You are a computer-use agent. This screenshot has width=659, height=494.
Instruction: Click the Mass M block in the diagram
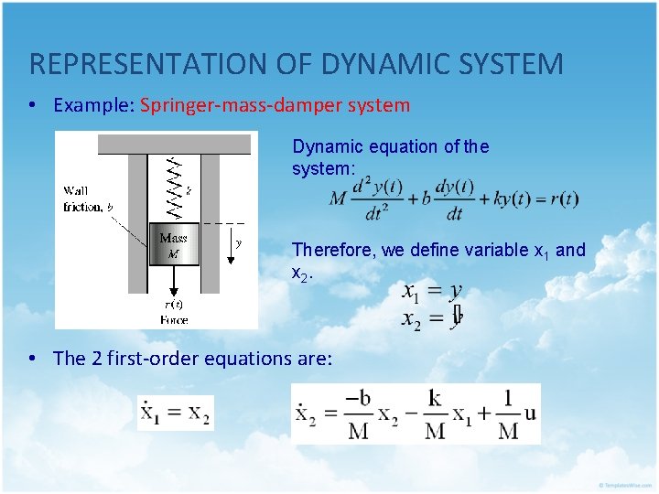pyautogui.click(x=174, y=244)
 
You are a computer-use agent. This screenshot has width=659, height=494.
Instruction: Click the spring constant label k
pyautogui.click(x=189, y=192)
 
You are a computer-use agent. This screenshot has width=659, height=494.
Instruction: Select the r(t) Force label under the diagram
pyautogui.click(x=173, y=312)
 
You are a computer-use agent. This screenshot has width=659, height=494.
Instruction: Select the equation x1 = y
pyautogui.click(x=432, y=292)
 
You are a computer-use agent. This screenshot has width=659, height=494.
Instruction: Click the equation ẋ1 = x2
pyautogui.click(x=175, y=413)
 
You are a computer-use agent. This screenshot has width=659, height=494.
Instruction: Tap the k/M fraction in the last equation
pyautogui.click(x=435, y=413)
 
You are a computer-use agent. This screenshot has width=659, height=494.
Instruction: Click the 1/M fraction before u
pyautogui.click(x=508, y=413)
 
